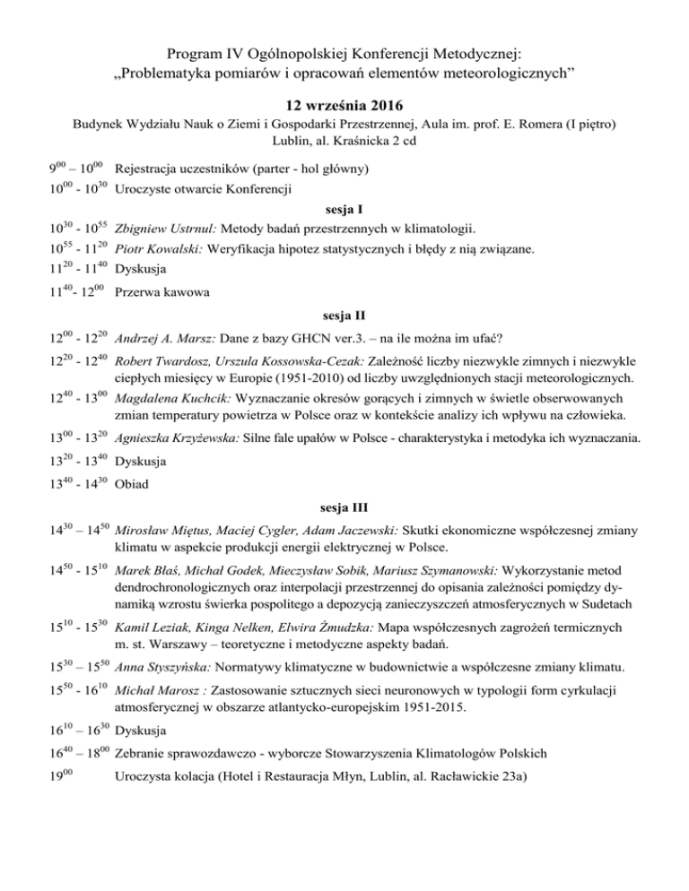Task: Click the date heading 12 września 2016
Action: click(x=344, y=106)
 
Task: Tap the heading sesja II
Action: click(x=344, y=316)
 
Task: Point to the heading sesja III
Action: click(x=344, y=502)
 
